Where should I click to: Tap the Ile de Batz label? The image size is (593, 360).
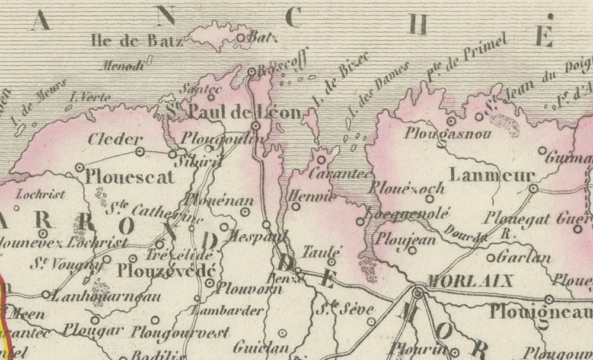137,40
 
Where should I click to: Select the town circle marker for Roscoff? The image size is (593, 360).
251,72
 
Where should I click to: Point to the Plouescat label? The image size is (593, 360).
130,177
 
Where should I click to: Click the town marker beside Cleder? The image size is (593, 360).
141,152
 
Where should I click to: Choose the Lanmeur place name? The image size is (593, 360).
484,176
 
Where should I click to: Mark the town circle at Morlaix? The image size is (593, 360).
418,292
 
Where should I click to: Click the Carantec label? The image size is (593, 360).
339,175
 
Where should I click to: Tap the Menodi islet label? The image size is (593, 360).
123,66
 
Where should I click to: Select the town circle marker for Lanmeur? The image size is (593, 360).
533,189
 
